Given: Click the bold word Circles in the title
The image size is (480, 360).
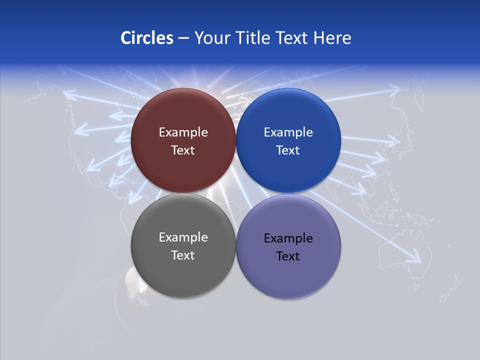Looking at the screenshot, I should (146, 38).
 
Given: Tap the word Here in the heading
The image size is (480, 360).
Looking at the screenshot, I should (332, 38).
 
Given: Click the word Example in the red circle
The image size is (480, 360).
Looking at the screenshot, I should (183, 132).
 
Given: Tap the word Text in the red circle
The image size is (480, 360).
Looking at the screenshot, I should (183, 150).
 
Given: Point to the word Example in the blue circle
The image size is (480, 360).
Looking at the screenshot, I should (288, 132).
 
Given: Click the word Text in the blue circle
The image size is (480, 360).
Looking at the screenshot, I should (288, 150).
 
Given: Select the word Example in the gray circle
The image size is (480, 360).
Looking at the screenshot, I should (183, 237).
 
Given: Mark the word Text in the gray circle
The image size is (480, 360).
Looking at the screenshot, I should (183, 255).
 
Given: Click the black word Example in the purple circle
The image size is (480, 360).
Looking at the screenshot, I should (288, 238).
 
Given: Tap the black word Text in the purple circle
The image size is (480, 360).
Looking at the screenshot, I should (288, 256).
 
